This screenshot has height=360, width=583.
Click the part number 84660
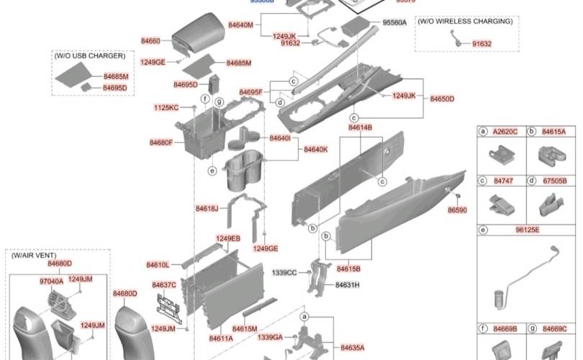[150, 41]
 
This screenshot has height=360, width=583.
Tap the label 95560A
[394, 23]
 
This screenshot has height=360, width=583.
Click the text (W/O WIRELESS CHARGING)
[465, 22]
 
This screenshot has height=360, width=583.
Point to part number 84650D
[442, 99]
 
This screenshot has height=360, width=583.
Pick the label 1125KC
[166, 107]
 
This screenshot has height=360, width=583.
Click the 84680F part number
[161, 143]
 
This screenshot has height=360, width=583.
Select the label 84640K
[315, 150]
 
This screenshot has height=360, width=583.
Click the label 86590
[457, 210]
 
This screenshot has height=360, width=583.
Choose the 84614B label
[360, 127]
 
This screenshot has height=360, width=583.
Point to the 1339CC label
[284, 273]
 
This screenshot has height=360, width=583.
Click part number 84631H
[347, 285]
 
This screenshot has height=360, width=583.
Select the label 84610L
[158, 265]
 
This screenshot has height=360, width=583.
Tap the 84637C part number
[164, 285]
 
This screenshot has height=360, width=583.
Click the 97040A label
[51, 282]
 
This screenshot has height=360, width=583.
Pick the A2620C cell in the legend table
[505, 132]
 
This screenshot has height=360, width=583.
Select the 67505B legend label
[554, 181]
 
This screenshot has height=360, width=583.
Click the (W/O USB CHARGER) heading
[89, 55]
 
